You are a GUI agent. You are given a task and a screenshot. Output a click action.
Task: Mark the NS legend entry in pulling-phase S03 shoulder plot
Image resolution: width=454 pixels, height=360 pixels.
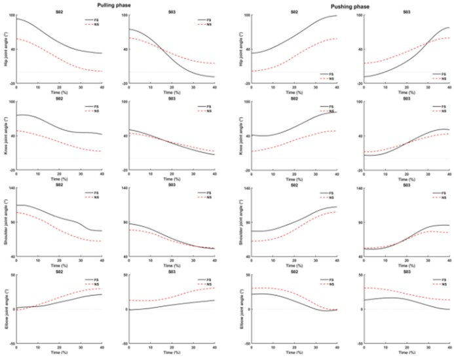click(x=208, y=197)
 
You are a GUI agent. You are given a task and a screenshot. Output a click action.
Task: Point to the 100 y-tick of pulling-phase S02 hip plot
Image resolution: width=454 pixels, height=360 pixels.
click(x=10, y=15)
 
